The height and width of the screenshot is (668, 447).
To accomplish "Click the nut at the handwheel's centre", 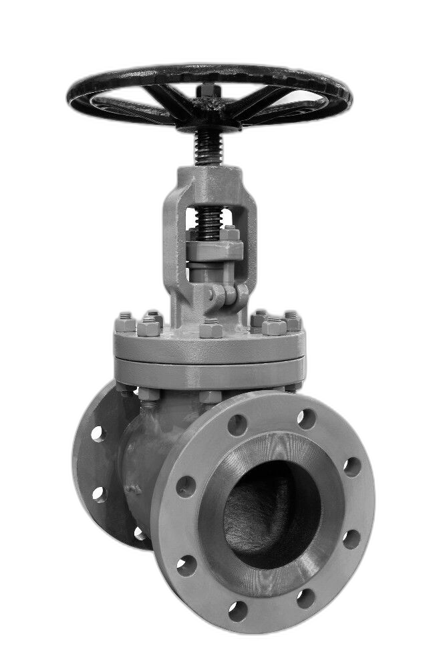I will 206,91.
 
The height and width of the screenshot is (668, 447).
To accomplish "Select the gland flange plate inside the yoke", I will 214,251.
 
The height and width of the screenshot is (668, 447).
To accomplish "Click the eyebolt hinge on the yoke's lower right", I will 225,294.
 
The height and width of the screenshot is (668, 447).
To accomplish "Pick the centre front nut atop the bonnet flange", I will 210,329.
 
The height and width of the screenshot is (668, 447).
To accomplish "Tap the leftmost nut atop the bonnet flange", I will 125,324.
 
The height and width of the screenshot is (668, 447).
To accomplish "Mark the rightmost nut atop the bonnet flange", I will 292,321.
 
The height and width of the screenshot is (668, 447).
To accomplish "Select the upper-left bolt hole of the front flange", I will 237,425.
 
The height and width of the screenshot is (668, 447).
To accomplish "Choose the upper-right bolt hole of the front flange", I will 307,419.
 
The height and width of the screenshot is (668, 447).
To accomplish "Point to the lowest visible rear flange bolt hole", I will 140,533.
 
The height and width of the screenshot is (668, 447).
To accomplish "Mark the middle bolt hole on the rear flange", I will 99,494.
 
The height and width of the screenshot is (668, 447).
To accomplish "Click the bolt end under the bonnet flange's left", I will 148,395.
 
